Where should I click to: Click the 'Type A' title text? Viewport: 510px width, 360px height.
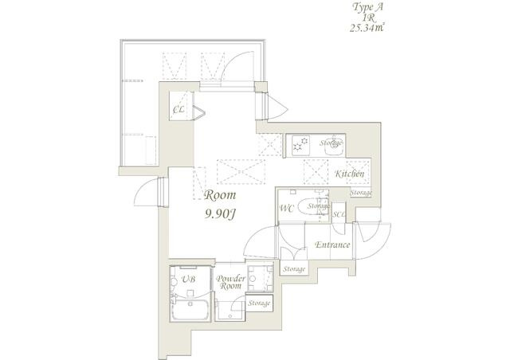[x=367, y=7]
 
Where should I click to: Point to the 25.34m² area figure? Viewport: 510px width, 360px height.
[x=367, y=29]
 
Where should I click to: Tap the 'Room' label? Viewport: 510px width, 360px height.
[x=220, y=195]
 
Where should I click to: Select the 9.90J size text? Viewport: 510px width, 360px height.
[x=220, y=213]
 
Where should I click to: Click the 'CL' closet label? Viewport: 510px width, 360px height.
[x=178, y=110]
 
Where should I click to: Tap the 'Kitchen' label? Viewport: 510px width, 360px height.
[x=350, y=174]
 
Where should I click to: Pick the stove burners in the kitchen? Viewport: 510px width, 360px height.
[x=300, y=145]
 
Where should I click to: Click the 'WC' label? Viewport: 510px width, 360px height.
[x=287, y=209]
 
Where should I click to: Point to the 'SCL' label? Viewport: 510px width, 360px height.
[x=339, y=214]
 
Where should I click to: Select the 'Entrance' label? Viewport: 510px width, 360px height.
[x=332, y=245]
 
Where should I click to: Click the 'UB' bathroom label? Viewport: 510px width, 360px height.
[x=188, y=279]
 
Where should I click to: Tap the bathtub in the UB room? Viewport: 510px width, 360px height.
[x=190, y=309]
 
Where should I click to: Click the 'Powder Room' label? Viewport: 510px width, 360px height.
[x=231, y=282]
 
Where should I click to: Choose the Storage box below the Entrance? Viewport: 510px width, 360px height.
[x=294, y=268]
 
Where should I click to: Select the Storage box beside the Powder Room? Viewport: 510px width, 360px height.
[x=259, y=303]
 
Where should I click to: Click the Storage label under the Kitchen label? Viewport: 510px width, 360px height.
[x=361, y=193]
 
